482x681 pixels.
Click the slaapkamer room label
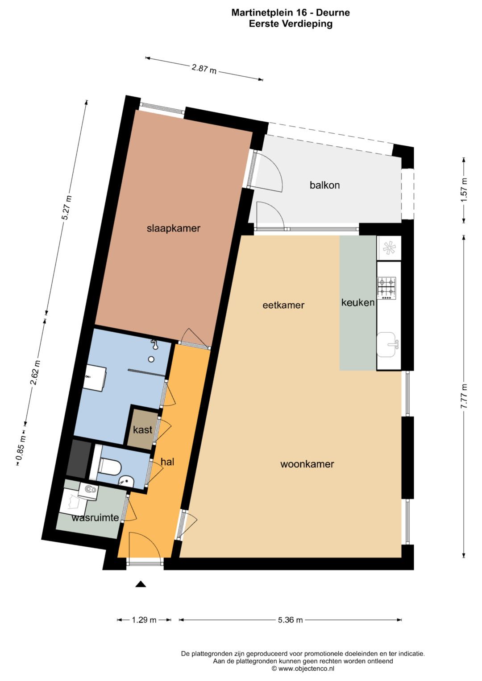pyautogui.click(x=174, y=228)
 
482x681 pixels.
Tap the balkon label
pyautogui.click(x=325, y=185)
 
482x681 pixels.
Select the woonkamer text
pyautogui.click(x=307, y=464)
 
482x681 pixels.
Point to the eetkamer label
pyautogui.click(x=283, y=305)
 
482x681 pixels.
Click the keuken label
pyautogui.click(x=358, y=302)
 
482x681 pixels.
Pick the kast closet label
pyautogui.click(x=142, y=430)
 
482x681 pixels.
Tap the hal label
pyautogui.click(x=167, y=462)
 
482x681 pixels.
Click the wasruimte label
pyautogui.click(x=95, y=517)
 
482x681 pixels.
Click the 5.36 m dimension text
pyautogui.click(x=290, y=619)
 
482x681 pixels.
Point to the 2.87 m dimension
pyautogui.click(x=204, y=69)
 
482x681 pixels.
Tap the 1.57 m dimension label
pyautogui.click(x=464, y=190)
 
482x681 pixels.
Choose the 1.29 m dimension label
pyautogui.click(x=144, y=619)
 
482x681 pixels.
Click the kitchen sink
pyautogui.click(x=387, y=344)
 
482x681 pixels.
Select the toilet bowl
pyautogui.click(x=111, y=466)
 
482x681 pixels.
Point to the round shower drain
pyautogui.click(x=151, y=359)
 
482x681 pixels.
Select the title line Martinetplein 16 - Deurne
pyautogui.click(x=291, y=13)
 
